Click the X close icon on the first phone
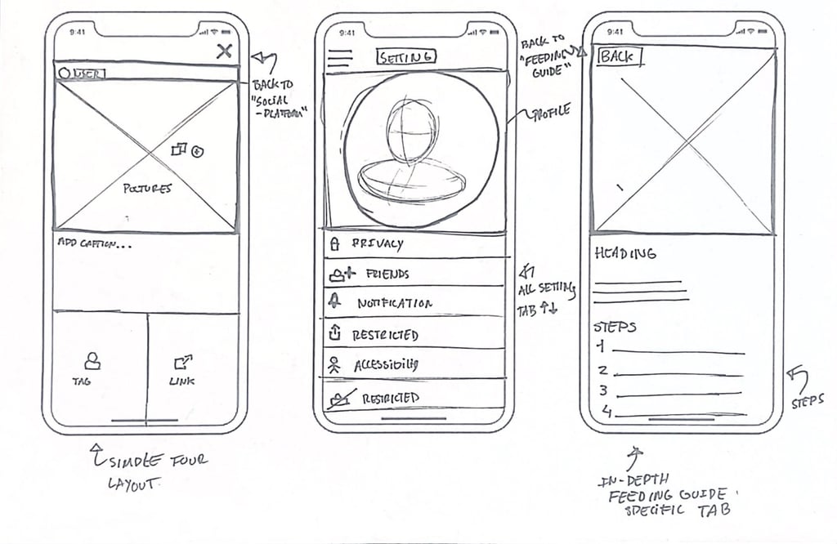point(224,51)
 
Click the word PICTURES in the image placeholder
point(148,189)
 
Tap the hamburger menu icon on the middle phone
point(339,60)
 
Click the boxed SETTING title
point(405,56)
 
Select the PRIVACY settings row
point(413,244)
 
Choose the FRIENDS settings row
point(413,274)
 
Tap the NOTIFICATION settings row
point(413,303)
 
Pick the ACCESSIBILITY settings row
point(413,365)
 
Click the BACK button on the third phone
point(619,57)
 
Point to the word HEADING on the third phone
point(624,254)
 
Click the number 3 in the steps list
point(603,390)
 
